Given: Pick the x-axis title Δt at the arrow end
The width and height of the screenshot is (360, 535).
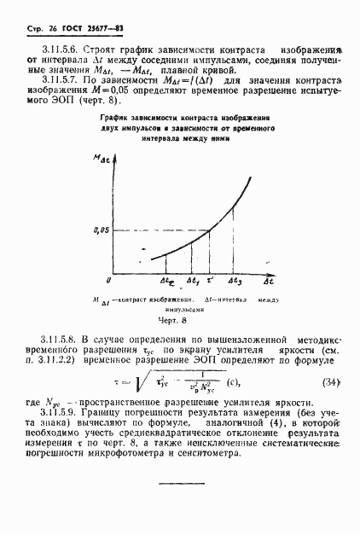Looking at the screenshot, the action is (x=268, y=280).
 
